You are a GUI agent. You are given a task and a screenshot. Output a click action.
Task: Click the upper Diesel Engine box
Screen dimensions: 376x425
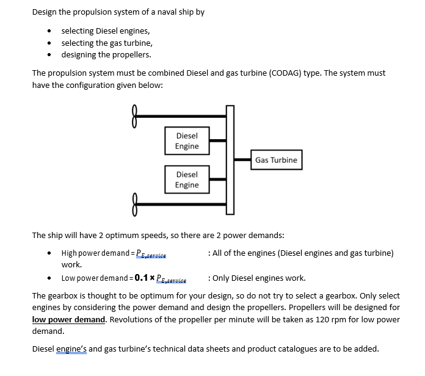186,141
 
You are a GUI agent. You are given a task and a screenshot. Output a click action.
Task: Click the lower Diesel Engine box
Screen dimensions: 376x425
186,179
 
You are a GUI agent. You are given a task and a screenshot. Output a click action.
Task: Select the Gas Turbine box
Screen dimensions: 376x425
276,160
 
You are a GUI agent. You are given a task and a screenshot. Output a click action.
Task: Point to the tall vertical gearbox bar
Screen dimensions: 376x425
230,160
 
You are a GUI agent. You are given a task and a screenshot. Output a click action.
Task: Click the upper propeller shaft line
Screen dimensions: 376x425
180,114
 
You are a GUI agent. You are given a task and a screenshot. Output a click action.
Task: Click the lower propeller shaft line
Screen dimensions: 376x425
180,200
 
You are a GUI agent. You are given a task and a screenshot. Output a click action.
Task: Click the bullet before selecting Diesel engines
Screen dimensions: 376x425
49,31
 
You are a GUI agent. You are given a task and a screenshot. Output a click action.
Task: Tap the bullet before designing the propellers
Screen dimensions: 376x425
49,55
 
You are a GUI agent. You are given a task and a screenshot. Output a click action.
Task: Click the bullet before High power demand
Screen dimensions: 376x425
49,253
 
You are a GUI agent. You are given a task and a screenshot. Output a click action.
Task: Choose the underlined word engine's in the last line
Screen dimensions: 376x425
71,349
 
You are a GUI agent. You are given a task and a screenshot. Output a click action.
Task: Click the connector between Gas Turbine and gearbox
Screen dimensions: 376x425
243,160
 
